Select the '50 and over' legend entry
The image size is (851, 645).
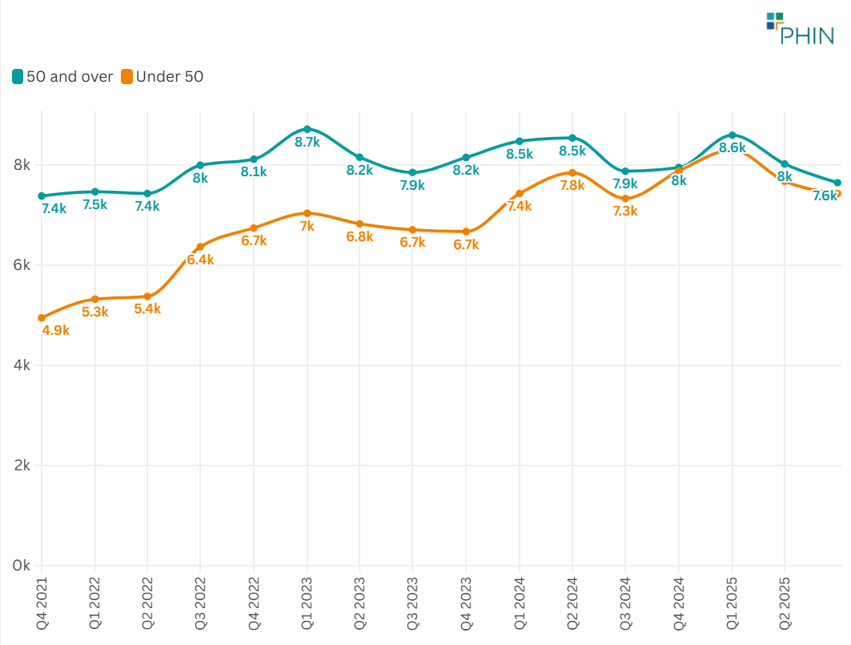(62, 77)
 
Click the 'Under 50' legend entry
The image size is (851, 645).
(163, 77)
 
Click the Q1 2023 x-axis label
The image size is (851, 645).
(307, 600)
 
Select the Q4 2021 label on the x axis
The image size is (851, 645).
(42, 600)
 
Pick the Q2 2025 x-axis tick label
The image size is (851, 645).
(785, 600)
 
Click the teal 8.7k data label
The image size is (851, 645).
(307, 143)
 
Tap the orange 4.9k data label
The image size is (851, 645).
(55, 330)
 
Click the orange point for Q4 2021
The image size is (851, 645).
(42, 318)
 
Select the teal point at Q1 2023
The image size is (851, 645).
(307, 129)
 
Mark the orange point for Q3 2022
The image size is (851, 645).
(200, 247)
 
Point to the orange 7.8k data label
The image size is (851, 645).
(572, 185)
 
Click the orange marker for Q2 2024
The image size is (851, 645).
(572, 172)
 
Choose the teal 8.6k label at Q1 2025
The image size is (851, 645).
(732, 148)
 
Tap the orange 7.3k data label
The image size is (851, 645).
(624, 212)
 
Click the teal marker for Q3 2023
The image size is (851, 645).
(413, 172)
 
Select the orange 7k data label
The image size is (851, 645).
(307, 227)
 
